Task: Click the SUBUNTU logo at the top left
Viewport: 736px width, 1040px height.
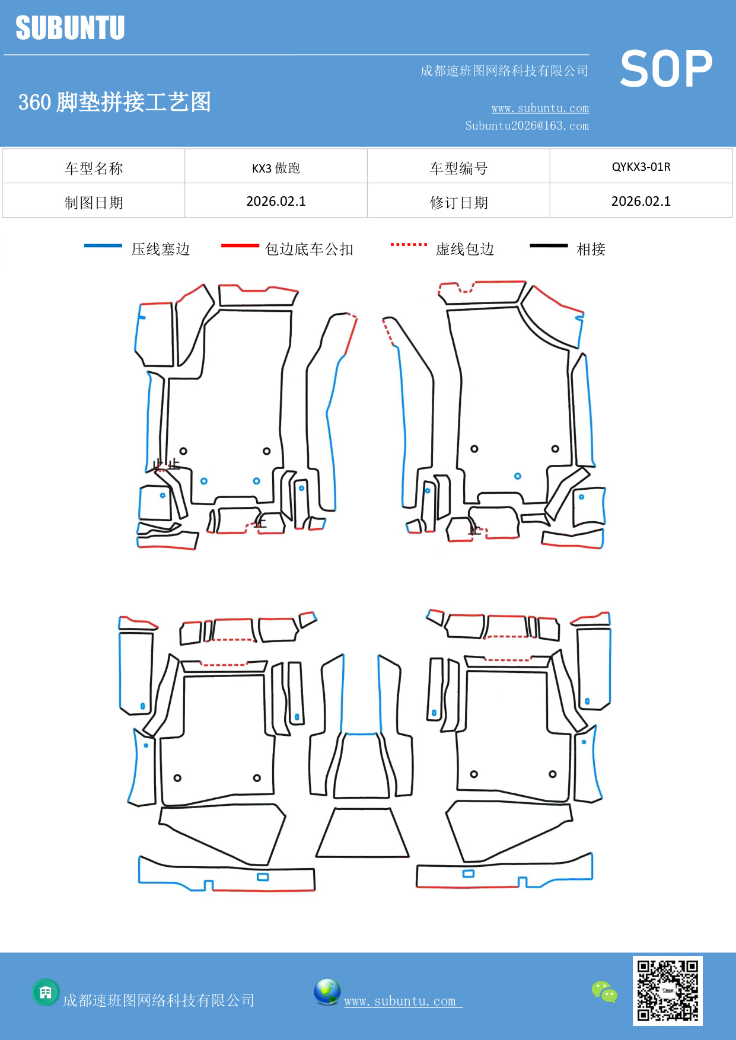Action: pos(70,28)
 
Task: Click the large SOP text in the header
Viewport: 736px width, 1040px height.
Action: pos(665,69)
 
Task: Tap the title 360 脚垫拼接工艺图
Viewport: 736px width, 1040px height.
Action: pos(114,102)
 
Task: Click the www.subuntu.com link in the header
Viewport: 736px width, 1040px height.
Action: pos(540,108)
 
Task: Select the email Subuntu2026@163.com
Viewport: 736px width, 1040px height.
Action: pos(527,126)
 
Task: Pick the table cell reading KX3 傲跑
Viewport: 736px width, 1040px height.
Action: pos(276,168)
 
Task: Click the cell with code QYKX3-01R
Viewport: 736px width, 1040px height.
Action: pos(641,167)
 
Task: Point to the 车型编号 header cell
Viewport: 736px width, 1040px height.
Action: pos(458,168)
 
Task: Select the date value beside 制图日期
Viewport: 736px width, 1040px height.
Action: pos(276,202)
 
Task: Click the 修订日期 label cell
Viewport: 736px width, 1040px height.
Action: pos(458,203)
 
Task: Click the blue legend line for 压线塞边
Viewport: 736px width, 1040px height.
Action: pos(103,245)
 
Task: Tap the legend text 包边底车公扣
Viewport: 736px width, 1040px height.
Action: pos(309,249)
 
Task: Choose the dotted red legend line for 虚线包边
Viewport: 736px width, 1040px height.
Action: pos(409,244)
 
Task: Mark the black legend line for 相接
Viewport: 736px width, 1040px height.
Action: pos(549,245)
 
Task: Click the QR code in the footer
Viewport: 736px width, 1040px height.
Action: pos(667,990)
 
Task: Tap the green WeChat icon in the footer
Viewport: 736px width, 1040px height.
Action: pos(604,992)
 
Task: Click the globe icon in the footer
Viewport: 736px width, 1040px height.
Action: pos(327,992)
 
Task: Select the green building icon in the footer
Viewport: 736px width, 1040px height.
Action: pos(46,992)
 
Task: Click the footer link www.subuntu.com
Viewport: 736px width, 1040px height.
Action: pos(401,1001)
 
